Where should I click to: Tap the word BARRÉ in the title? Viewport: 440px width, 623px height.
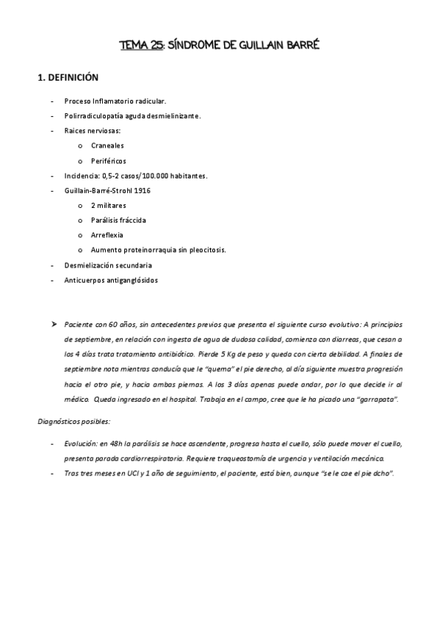pyautogui.click(x=300, y=46)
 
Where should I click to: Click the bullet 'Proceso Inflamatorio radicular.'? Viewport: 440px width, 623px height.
pyautogui.click(x=114, y=101)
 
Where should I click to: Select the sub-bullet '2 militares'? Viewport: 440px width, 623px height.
pyautogui.click(x=109, y=205)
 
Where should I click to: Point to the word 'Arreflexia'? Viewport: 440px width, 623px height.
pyautogui.click(x=107, y=235)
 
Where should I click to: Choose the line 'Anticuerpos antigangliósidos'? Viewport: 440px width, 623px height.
pyautogui.click(x=111, y=280)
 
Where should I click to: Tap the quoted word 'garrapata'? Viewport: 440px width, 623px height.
pyautogui.click(x=377, y=399)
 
